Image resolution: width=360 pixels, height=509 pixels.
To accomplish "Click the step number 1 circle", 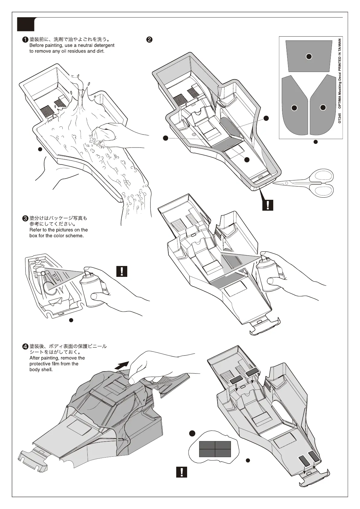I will click(x=26, y=39).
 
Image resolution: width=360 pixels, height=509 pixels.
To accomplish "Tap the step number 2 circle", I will click(x=149, y=39).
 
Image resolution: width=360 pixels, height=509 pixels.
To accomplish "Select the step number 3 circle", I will click(x=26, y=218).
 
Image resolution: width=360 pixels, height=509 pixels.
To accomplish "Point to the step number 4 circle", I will click(x=26, y=346).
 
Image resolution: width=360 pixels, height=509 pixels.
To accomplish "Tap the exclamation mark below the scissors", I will click(x=268, y=205).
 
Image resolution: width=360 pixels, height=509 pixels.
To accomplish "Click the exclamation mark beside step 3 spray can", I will click(x=122, y=271).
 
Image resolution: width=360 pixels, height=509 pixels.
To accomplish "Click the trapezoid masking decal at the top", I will click(x=309, y=56).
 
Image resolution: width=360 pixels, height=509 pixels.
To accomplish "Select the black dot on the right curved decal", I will click(x=323, y=107).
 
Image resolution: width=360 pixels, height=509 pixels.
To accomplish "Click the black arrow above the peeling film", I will click(x=123, y=365).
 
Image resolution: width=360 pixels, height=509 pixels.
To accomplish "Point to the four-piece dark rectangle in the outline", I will click(x=215, y=449).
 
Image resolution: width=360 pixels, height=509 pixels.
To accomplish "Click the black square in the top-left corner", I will click(x=26, y=24).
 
